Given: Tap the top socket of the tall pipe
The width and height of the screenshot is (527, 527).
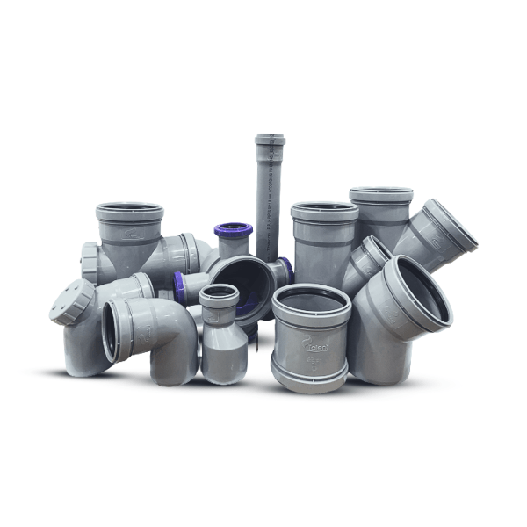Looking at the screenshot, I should pyautogui.click(x=270, y=140).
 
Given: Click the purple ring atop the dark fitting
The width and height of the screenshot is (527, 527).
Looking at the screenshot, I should pyautogui.click(x=234, y=230).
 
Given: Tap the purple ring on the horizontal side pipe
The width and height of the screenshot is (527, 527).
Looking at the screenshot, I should pyautogui.click(x=180, y=287).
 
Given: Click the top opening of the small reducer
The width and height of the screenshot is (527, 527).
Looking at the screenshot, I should pyautogui.click(x=219, y=293).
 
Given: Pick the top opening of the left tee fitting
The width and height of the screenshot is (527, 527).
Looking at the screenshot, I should pyautogui.click(x=130, y=212).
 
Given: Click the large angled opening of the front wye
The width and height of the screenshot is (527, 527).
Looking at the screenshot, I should pyautogui.click(x=417, y=291).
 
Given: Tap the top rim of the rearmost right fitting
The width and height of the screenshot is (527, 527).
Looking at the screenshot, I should pyautogui.click(x=380, y=193).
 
